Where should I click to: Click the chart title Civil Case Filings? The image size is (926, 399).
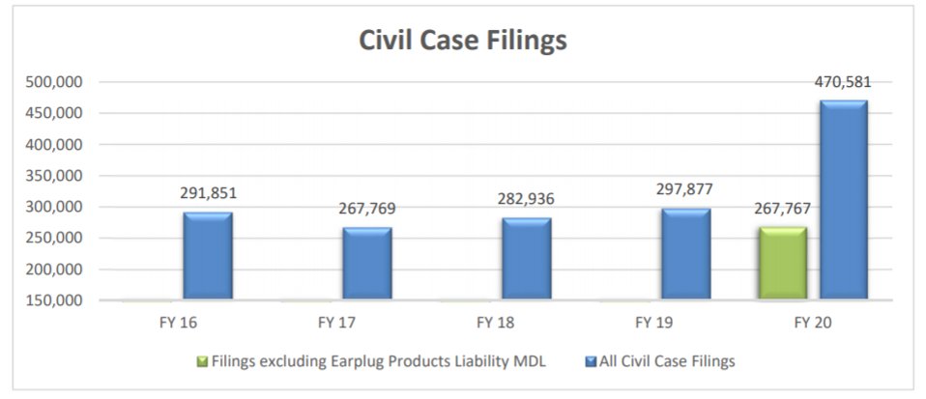[463, 40]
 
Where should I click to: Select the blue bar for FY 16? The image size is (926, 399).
[208, 256]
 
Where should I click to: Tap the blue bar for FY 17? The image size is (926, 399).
[367, 264]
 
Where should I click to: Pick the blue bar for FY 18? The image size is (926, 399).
[526, 259]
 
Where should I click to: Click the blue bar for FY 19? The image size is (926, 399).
[685, 254]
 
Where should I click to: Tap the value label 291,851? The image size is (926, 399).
[208, 193]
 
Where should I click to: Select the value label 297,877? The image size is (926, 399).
[684, 189]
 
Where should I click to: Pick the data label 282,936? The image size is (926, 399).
[526, 199]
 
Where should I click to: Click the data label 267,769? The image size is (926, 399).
[367, 209]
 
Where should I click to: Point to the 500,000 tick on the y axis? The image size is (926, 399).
[54, 82]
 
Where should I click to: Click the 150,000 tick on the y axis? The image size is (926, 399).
[54, 300]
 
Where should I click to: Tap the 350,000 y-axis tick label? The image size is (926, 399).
[54, 176]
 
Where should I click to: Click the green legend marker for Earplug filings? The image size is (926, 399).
[201, 361]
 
